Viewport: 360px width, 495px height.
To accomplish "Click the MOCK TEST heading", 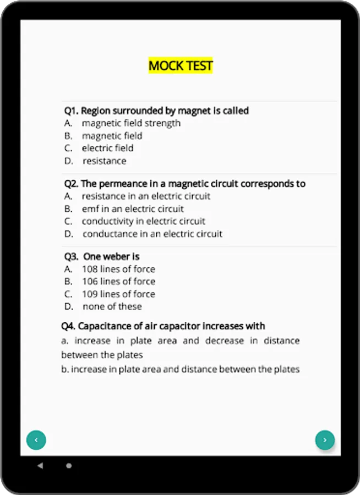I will point(181,66).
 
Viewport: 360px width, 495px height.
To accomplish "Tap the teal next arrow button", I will point(325,440).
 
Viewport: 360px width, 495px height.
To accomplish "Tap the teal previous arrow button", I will point(36,440).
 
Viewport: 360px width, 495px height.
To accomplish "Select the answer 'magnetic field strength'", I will point(131,123).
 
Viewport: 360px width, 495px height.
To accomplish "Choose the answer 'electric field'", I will point(107,148).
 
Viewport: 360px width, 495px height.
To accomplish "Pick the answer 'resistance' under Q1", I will point(104,161).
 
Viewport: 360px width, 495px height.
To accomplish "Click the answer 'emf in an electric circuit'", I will point(133,209).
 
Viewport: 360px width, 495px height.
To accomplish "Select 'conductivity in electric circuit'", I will point(143,221).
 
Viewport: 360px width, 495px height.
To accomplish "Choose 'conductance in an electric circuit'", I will point(152,234).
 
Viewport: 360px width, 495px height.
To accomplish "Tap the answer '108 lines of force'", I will point(118,269).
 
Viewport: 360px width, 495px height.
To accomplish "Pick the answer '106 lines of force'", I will point(118,281).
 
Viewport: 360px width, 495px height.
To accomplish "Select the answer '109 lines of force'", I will point(118,294).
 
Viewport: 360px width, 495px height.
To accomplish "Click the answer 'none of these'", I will point(112,306).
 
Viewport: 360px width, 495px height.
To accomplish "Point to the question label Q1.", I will point(71,111).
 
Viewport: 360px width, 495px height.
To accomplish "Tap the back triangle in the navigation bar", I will point(40,465).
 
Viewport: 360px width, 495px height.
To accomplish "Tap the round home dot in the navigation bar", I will point(69,465).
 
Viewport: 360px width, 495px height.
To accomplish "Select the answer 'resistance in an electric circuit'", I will point(146,196).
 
